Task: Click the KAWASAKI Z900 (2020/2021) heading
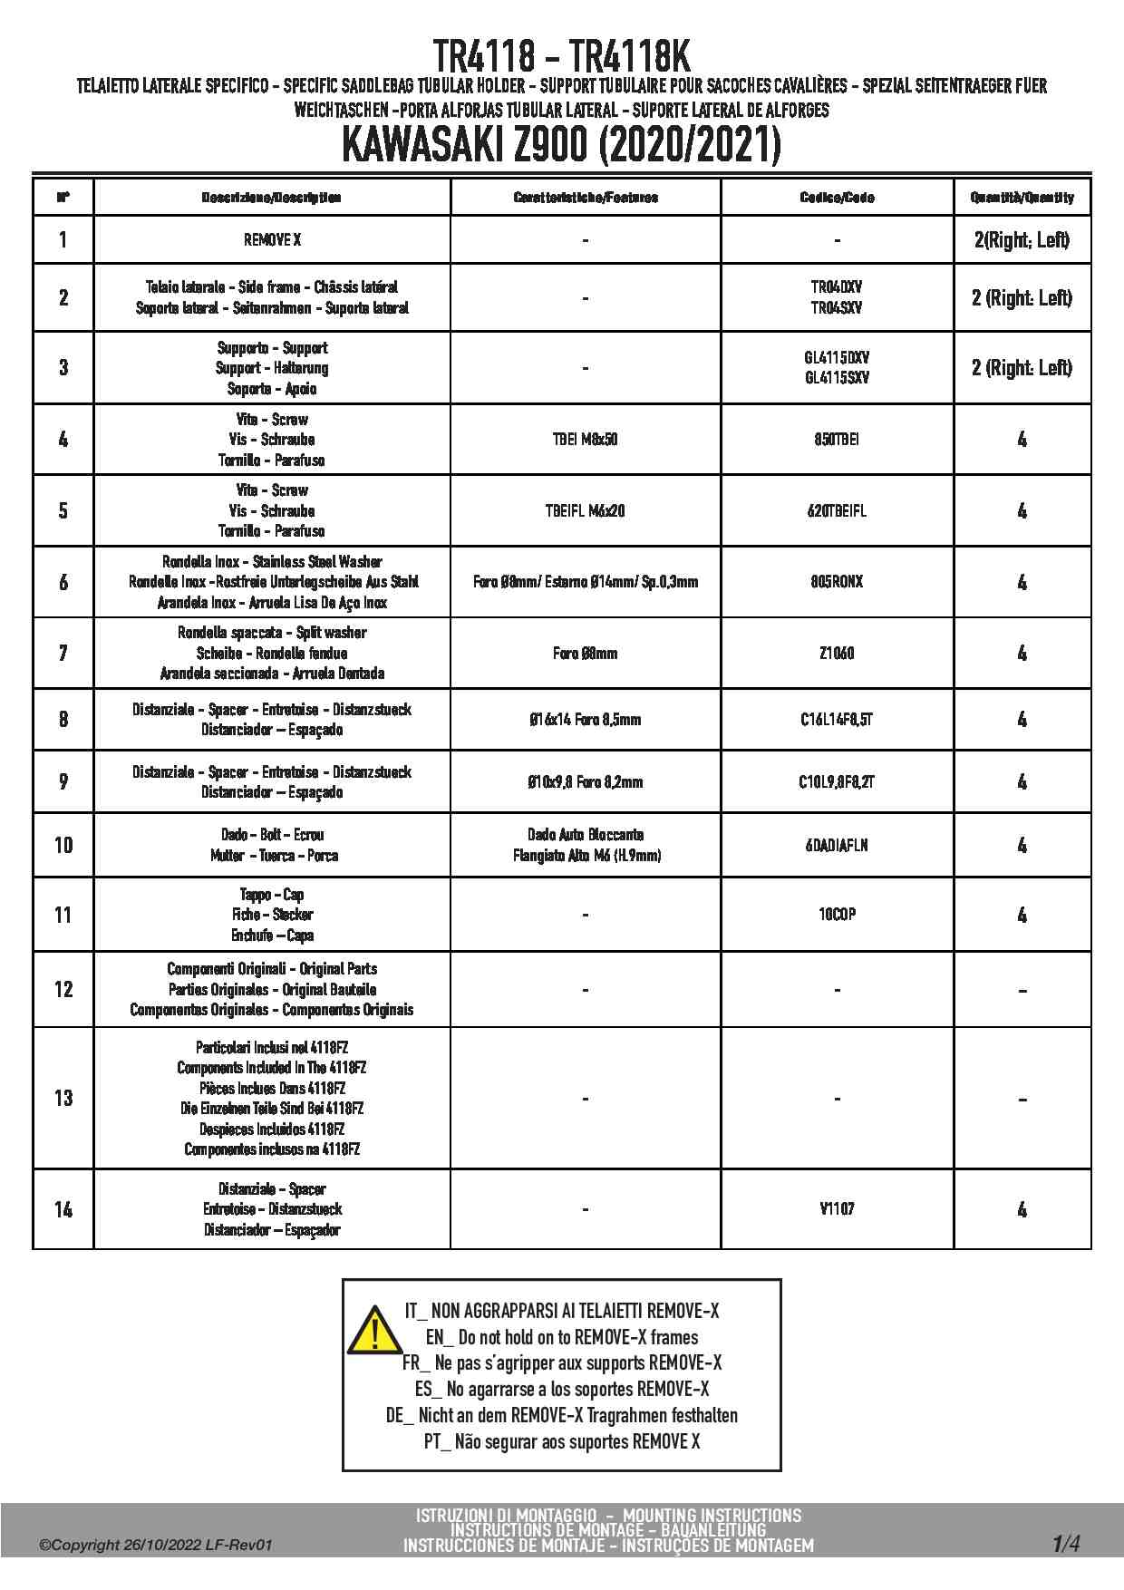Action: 561,145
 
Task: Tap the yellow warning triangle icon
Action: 373,1330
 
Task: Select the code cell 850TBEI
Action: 837,440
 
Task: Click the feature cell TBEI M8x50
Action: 585,440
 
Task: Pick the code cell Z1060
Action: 837,653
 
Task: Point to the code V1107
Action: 837,1208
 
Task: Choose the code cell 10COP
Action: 837,915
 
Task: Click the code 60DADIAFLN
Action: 837,845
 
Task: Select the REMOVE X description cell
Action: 272,240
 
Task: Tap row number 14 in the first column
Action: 63,1209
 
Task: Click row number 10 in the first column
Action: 63,845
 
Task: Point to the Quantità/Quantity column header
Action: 1022,197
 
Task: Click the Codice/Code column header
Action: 837,197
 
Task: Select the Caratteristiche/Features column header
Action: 585,197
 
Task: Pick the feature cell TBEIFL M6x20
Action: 585,511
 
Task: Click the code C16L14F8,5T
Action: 837,720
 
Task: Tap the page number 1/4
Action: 1066,1543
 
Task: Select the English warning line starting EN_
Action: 561,1337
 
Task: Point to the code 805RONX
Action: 837,582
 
